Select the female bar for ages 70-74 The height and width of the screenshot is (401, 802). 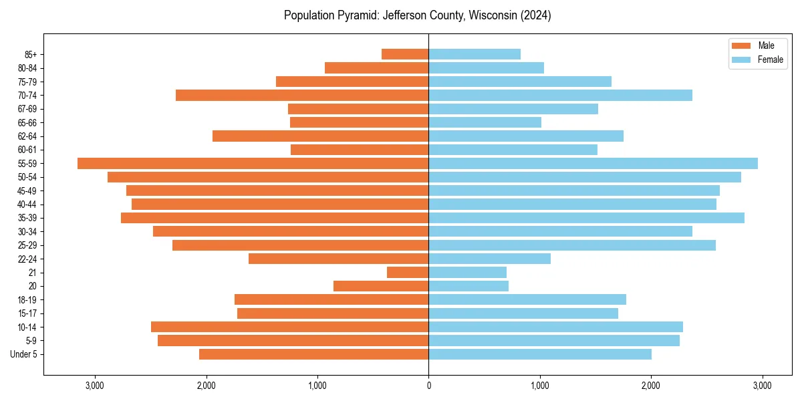point(560,95)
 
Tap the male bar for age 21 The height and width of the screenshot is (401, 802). point(408,272)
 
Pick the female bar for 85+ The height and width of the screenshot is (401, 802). point(475,54)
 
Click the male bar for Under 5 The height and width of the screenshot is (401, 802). point(313,354)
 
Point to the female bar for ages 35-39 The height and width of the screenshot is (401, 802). point(586,218)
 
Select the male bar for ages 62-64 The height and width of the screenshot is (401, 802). point(320,136)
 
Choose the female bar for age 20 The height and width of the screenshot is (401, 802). point(469,286)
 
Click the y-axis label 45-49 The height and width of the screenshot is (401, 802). point(27,190)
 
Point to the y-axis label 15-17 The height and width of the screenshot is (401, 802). point(27,313)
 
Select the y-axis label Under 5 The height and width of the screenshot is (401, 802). point(24,354)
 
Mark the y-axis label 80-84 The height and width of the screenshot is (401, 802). point(27,68)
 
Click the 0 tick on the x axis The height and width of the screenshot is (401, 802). point(428,385)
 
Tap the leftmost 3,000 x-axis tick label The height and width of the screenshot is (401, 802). point(95,385)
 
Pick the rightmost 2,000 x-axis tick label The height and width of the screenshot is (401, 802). point(651,385)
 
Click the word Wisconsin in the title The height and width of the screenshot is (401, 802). point(488,15)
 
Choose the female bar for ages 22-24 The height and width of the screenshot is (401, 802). point(489,259)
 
